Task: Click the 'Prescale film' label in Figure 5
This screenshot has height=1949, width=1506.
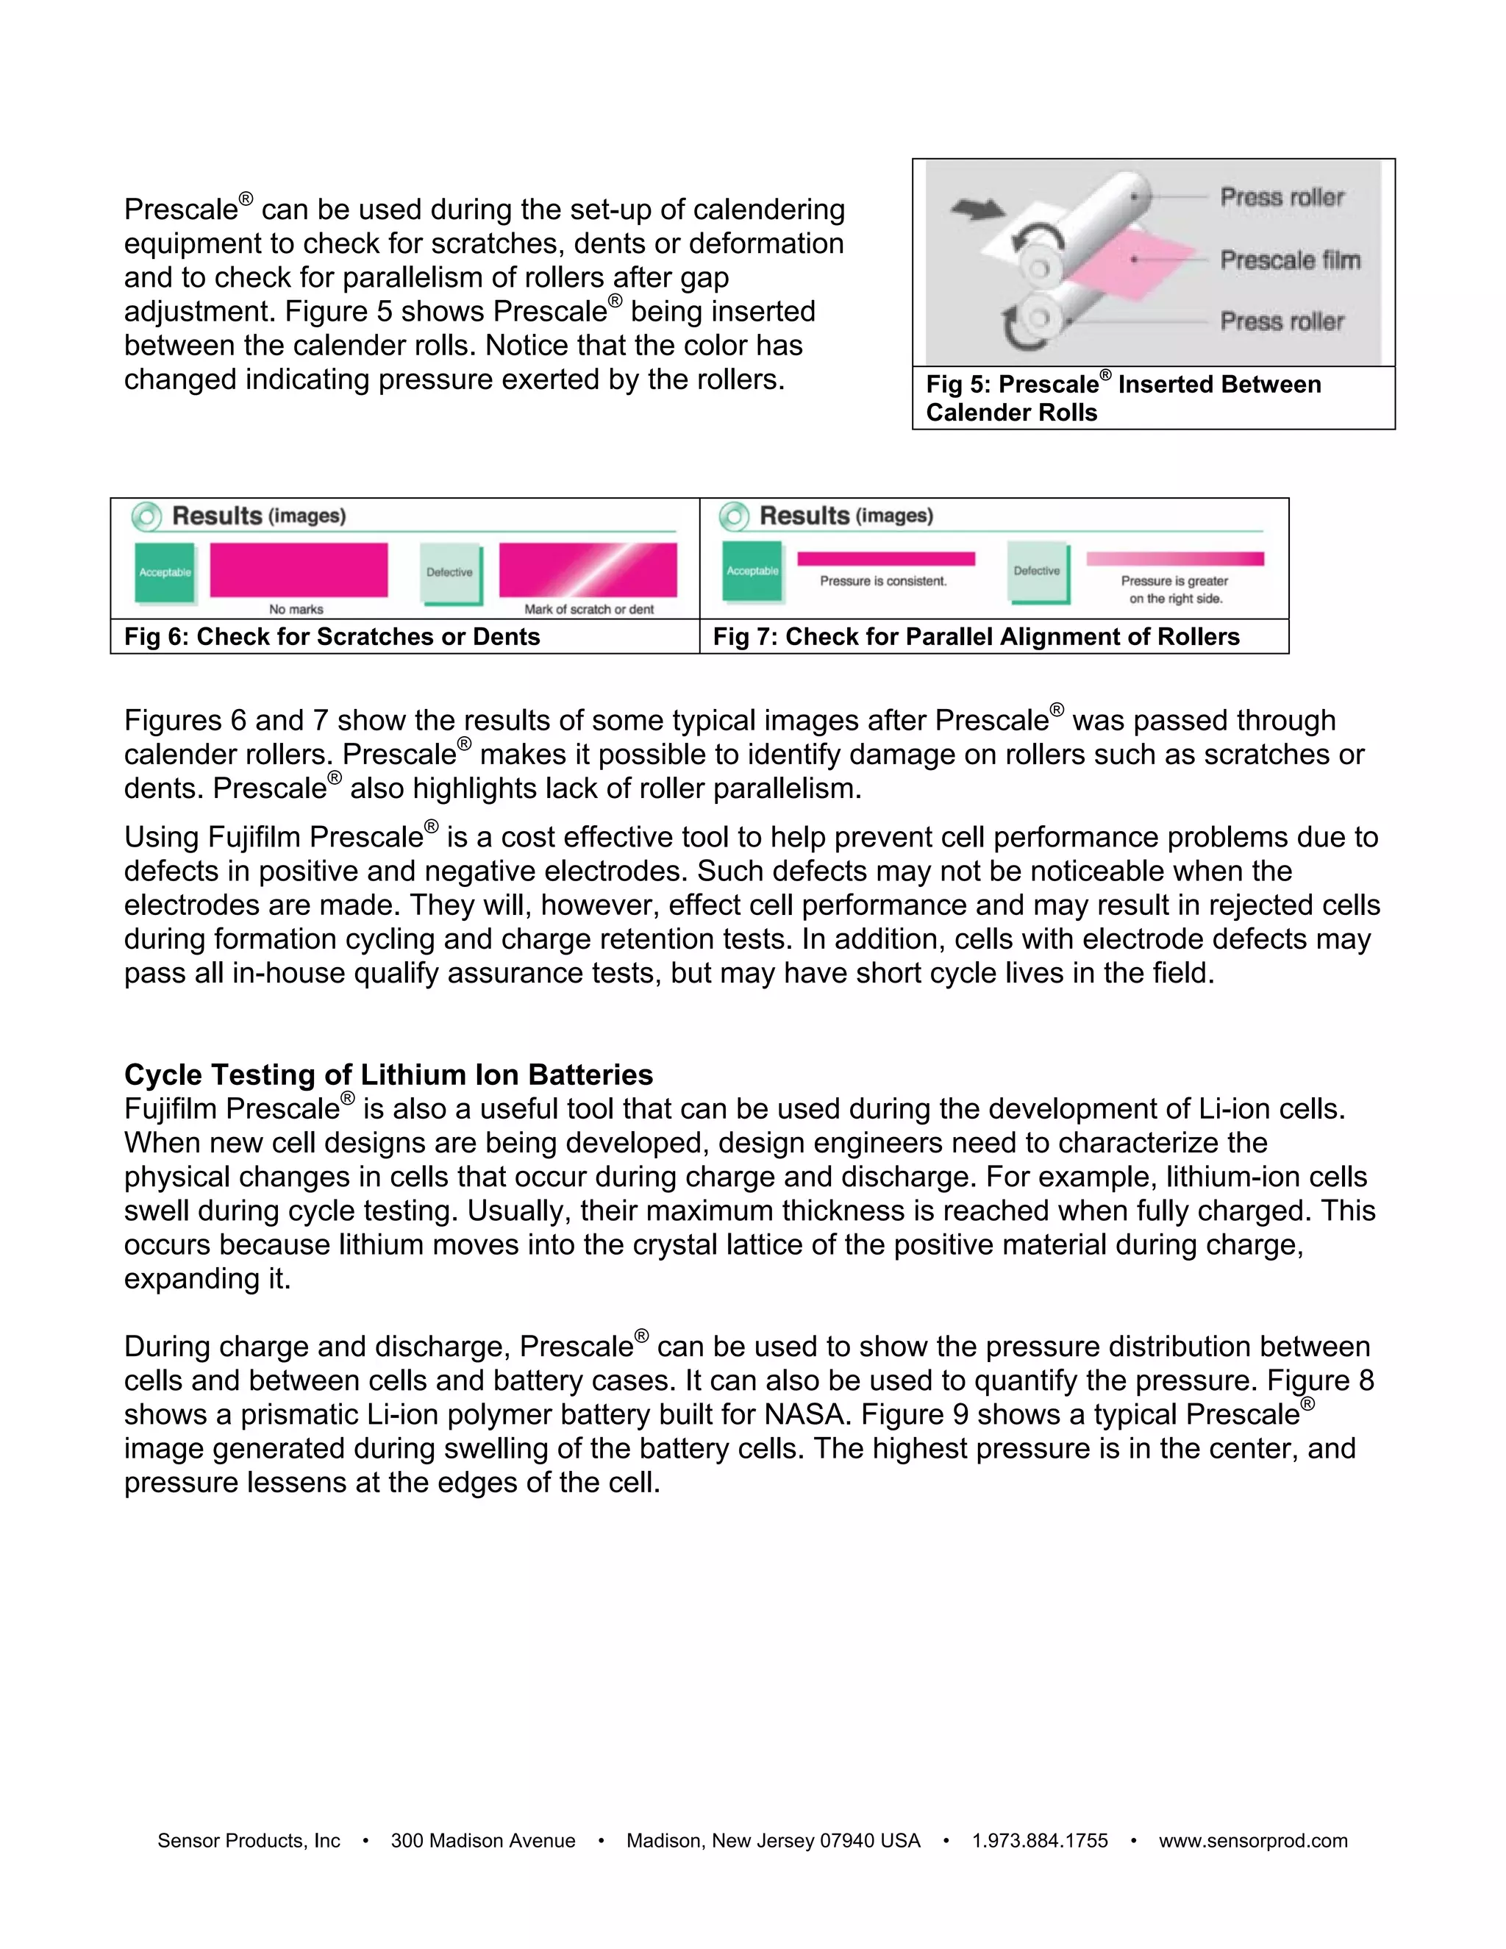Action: click(1289, 260)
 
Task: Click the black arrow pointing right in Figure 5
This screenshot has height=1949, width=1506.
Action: click(977, 209)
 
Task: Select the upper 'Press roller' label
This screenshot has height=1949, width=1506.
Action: click(1281, 196)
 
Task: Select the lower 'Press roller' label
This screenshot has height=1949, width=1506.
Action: click(1281, 321)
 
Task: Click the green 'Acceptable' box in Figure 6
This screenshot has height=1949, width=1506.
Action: click(165, 572)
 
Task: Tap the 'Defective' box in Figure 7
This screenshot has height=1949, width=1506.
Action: click(1038, 571)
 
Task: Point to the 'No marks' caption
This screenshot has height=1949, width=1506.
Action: click(296, 609)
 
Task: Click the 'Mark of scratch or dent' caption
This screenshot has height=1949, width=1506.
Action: click(589, 609)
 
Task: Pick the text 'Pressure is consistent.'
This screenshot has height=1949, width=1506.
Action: click(883, 581)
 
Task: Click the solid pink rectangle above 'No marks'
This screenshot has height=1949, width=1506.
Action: click(299, 569)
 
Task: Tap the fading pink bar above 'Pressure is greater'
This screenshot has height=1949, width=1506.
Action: click(1174, 559)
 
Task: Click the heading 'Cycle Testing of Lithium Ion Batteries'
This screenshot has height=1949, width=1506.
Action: click(388, 1075)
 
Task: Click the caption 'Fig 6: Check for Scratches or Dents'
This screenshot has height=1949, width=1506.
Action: click(332, 636)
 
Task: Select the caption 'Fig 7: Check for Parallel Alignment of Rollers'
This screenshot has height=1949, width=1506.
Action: click(976, 636)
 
